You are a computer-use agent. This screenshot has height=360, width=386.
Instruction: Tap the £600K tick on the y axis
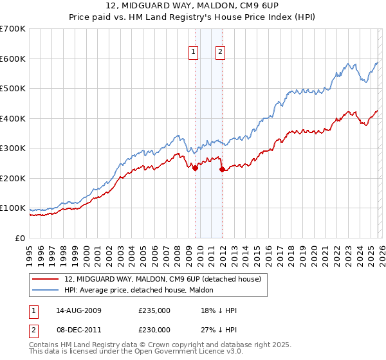click(x=13, y=59)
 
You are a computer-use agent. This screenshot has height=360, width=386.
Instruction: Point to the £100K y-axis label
click(x=13, y=208)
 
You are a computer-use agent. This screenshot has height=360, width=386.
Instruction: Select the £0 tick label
click(x=19, y=239)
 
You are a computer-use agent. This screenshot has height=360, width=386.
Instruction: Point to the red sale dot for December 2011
click(x=222, y=170)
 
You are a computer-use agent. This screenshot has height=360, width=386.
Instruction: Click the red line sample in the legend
click(x=46, y=279)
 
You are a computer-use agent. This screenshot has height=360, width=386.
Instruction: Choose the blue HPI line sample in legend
click(x=46, y=290)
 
